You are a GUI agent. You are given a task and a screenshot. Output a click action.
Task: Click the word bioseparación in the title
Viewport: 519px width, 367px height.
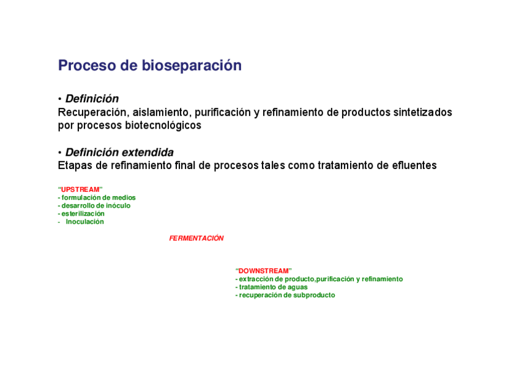pos(192,66)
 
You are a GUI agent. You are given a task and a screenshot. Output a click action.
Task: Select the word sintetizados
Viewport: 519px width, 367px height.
pos(422,113)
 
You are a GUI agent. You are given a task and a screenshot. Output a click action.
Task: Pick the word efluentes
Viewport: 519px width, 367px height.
pos(414,165)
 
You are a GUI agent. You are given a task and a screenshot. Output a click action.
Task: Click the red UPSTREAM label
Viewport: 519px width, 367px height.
pos(80,189)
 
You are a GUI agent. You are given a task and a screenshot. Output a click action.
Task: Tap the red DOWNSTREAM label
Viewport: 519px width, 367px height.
pos(264,271)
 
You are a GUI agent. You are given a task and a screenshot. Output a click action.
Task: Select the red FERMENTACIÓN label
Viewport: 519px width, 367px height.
pos(196,238)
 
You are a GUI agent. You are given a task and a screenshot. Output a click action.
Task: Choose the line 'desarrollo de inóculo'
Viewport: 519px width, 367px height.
pos(95,206)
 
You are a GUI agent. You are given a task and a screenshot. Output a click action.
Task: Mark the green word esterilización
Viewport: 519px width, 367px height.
pos(83,214)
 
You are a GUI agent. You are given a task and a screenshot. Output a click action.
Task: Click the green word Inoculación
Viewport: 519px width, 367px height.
pos(84,222)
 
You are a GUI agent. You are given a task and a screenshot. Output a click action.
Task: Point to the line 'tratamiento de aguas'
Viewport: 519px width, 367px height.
pos(273,287)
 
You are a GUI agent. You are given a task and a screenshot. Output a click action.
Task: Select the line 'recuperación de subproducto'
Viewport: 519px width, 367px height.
pos(286,295)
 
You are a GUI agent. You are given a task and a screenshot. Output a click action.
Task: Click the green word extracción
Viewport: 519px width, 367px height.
pos(258,279)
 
